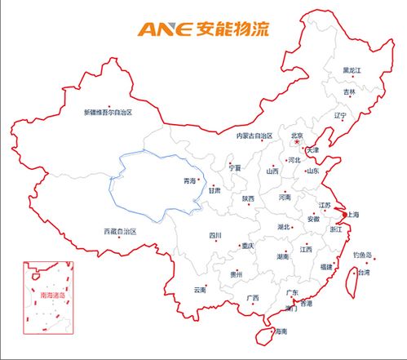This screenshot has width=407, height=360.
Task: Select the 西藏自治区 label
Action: pos(120,232)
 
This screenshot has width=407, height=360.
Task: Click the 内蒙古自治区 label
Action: pos(254,136)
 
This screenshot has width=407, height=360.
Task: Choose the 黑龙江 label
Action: pos(352,71)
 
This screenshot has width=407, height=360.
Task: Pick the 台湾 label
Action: pos(364,272)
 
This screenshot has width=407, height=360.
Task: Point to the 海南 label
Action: pos(281,331)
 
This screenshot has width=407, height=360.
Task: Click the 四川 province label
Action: pos(215,235)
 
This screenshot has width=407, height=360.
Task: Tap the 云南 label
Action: pos(201,289)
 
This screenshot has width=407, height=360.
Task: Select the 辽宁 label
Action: pos(340,115)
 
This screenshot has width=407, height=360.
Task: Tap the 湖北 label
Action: pos(284,226)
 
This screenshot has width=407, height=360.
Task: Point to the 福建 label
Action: pos(326,266)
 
